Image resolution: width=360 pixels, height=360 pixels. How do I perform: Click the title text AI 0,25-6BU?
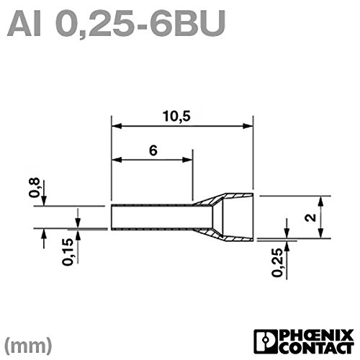117,24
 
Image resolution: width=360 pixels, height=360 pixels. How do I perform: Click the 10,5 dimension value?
176,117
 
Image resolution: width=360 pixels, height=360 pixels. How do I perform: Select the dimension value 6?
153,150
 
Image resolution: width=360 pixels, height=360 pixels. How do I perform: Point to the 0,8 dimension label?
34,188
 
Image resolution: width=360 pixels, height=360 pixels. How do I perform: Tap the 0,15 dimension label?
68,252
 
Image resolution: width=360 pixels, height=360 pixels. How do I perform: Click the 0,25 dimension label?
277,263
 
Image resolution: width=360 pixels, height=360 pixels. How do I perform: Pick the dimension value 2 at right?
311,217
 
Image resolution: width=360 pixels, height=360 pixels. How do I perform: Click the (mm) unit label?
28,346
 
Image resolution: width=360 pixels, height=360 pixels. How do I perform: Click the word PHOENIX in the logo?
317,336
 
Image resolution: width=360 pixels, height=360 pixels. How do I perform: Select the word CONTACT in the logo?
317,348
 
